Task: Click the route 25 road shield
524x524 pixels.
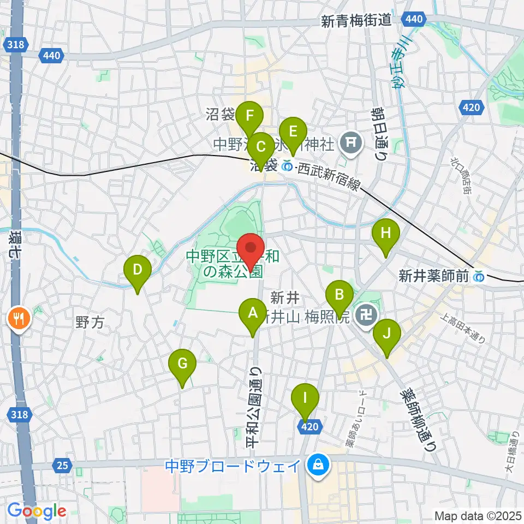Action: (x=63, y=466)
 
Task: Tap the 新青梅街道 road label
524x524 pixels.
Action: (x=357, y=21)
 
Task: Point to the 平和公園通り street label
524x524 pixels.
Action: (x=255, y=407)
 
